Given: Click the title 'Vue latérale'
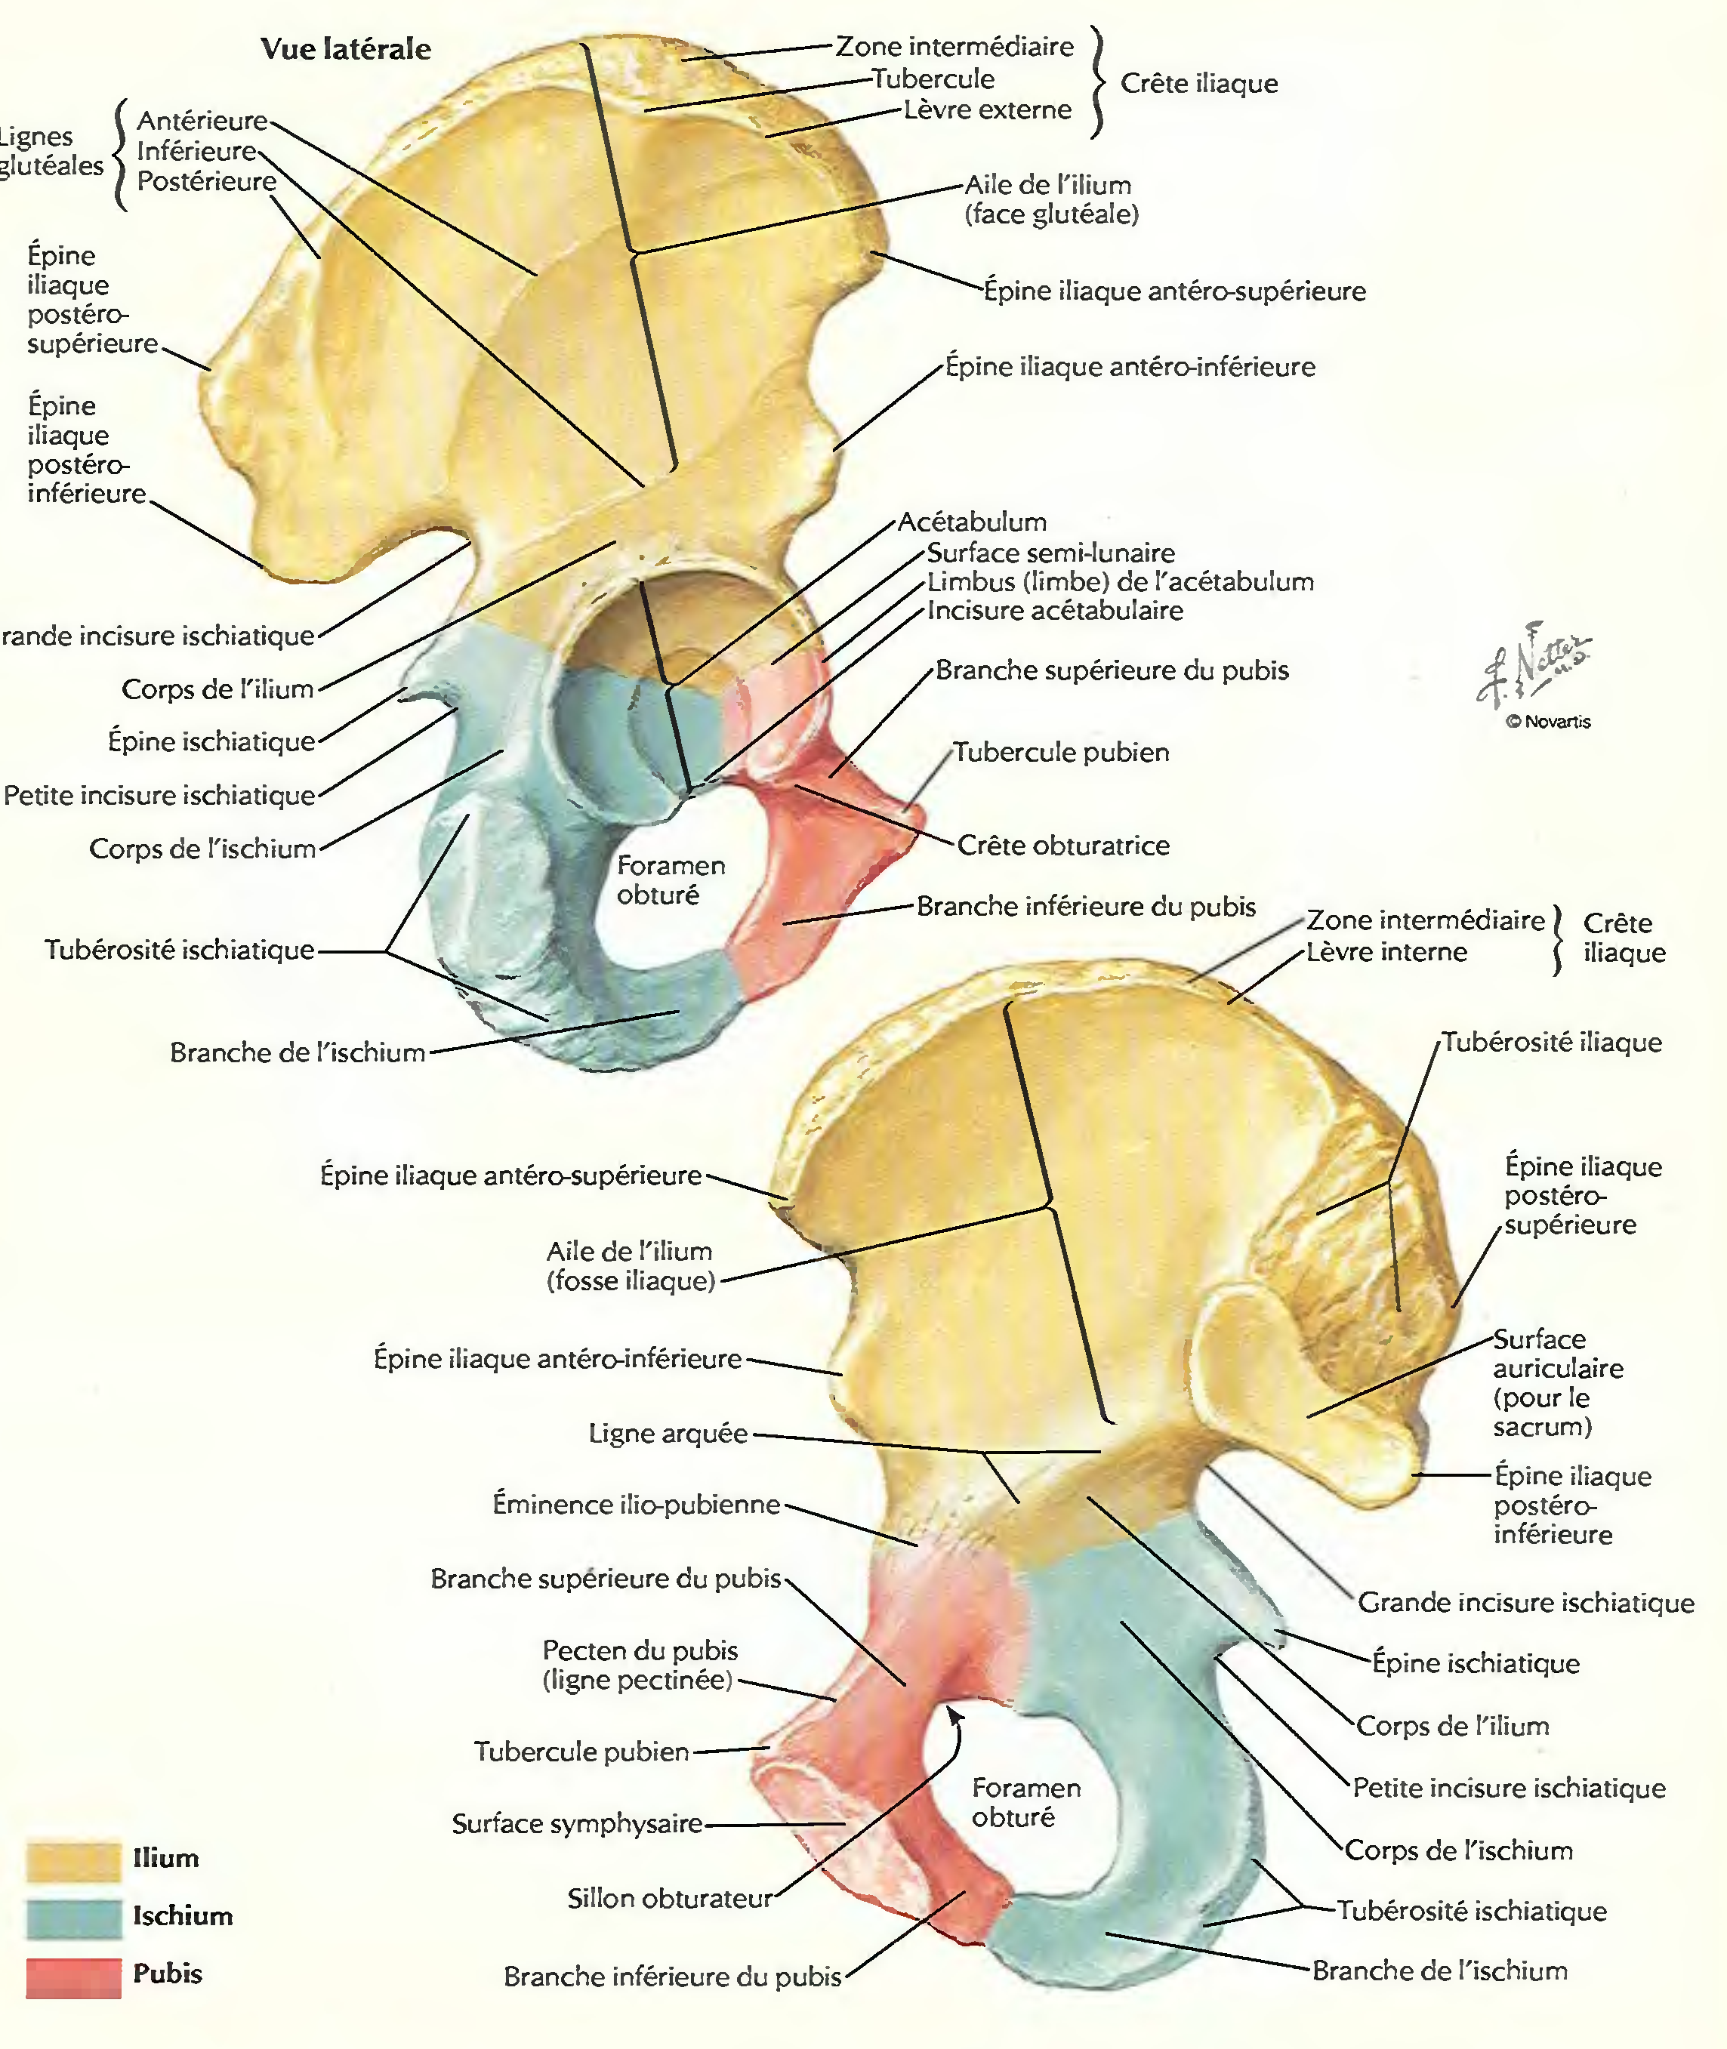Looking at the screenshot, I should (346, 49).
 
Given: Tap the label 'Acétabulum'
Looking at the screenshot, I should (971, 522).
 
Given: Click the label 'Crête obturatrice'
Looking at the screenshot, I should (1062, 845).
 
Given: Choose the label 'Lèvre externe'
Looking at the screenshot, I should (987, 109).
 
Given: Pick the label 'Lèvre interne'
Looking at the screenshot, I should (1386, 951).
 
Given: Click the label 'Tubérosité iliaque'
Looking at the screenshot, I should (1552, 1042).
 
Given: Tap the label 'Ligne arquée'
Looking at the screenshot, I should (668, 1433).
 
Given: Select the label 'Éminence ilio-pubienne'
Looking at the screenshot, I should (637, 1504).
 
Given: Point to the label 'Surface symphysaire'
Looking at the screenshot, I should (578, 1823).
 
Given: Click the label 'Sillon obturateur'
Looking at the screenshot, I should (670, 1898).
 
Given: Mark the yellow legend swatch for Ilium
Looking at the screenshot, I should (73, 1861).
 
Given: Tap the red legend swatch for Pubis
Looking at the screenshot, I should (73, 1977).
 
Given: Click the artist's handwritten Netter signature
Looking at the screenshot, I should (1532, 666).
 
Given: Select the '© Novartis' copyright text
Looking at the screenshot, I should (1548, 722).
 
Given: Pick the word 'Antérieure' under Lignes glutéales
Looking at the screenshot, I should (202, 120).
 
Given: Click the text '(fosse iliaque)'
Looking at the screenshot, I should (631, 1280).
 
